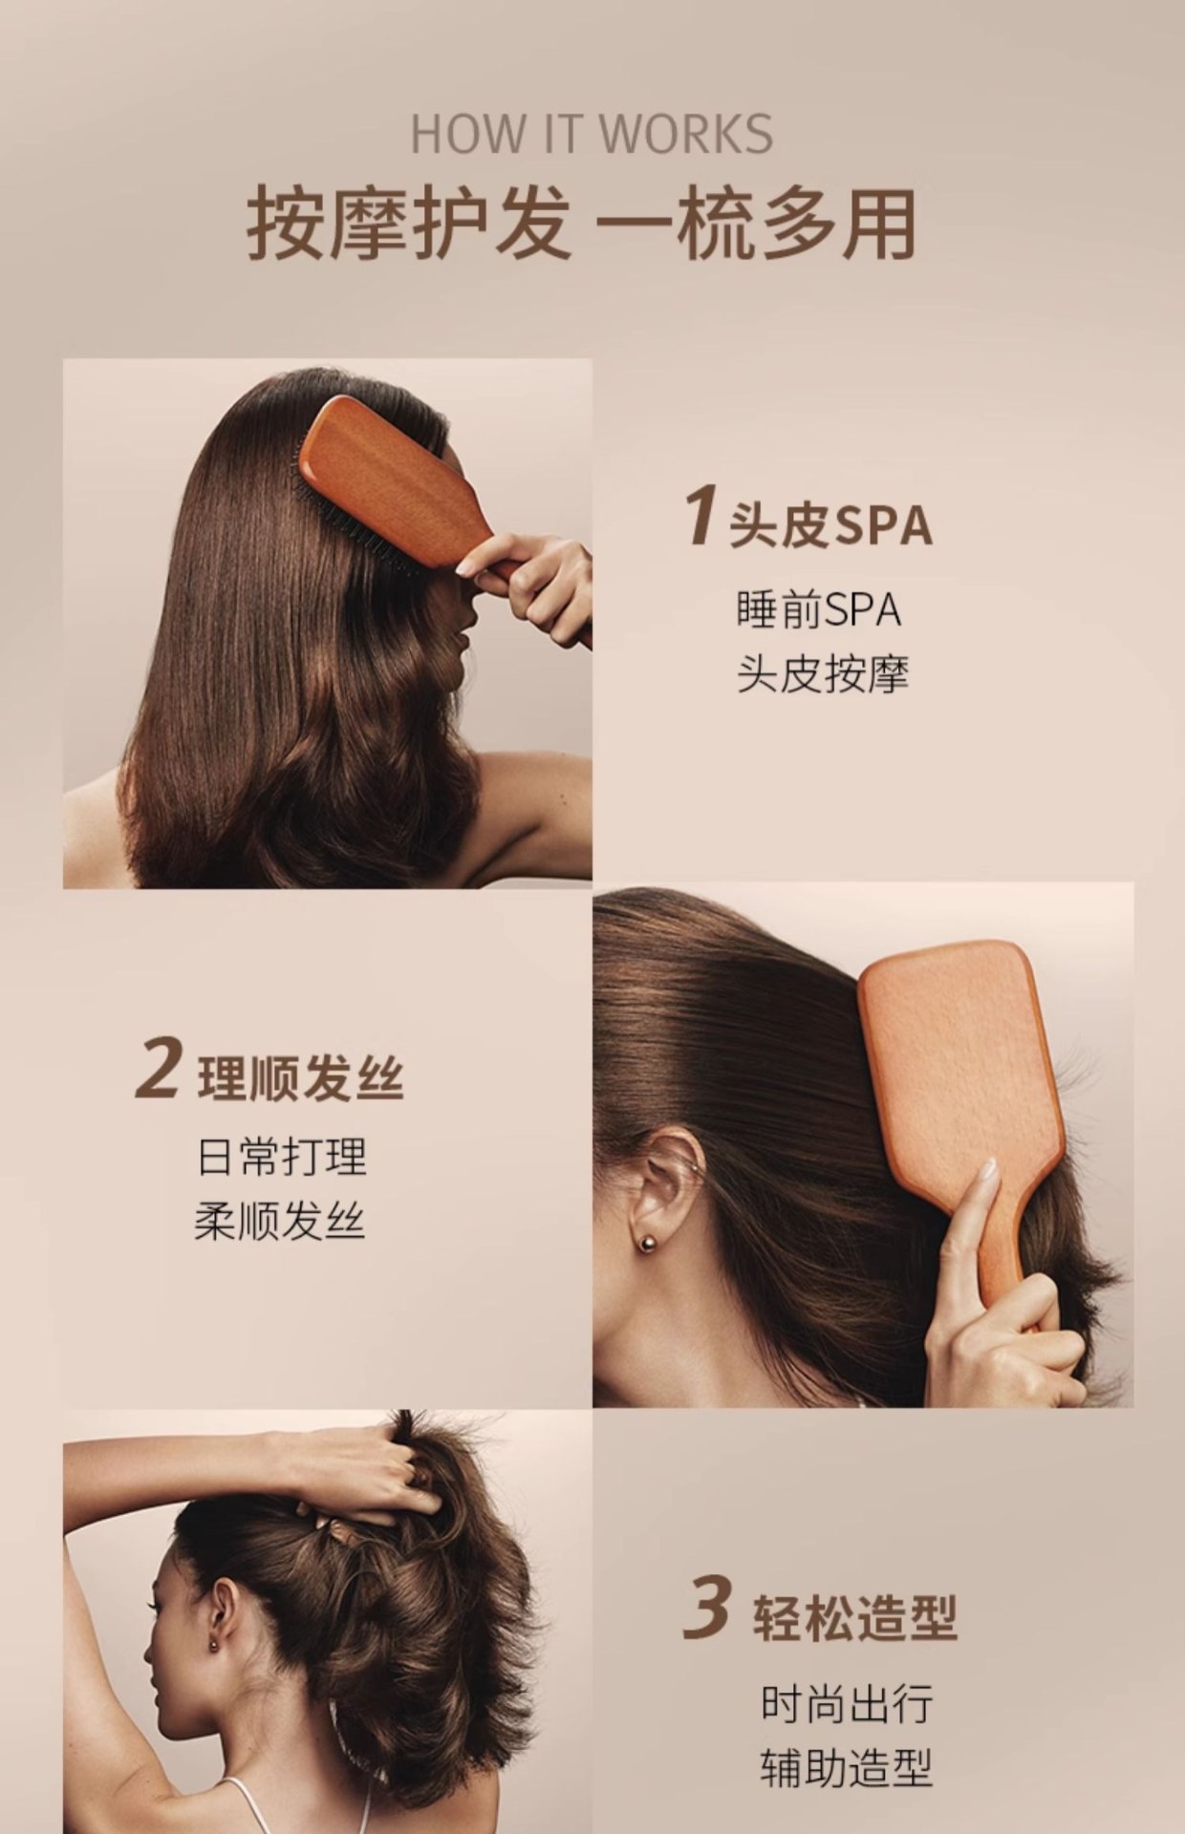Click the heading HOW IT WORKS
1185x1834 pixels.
click(592, 134)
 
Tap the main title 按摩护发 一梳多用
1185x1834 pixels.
click(581, 224)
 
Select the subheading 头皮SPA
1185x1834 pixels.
click(829, 525)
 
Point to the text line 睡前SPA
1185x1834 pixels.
click(819, 610)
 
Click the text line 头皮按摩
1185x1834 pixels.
click(822, 674)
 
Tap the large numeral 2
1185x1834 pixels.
click(158, 1069)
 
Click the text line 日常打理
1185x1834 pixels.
click(281, 1157)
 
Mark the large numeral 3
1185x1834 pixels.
click(708, 1609)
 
